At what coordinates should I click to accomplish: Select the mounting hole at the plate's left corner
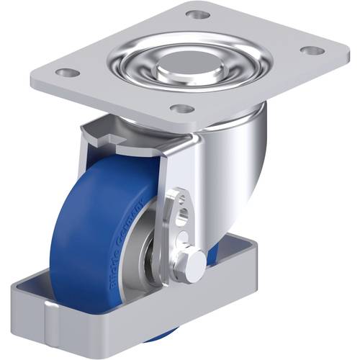point(67,73)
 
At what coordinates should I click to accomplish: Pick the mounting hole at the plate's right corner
point(312,50)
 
